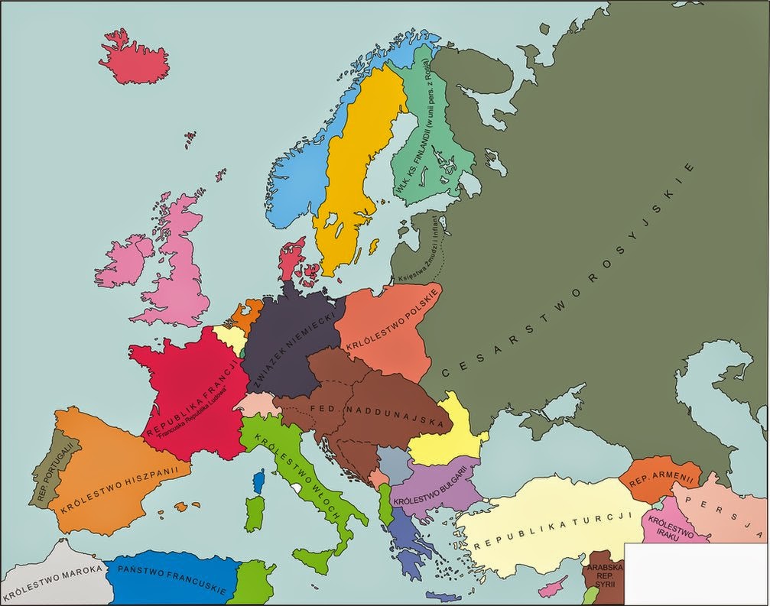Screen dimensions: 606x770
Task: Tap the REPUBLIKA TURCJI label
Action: pyautogui.click(x=550, y=530)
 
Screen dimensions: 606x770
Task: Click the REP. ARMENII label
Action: pyautogui.click(x=661, y=479)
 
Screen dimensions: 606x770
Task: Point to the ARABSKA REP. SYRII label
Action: pyautogui.click(x=604, y=575)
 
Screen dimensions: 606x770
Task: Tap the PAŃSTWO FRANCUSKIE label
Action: pyautogui.click(x=171, y=580)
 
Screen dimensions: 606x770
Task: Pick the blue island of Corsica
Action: pyautogui.click(x=258, y=481)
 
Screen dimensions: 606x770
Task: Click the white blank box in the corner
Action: pyautogui.click(x=696, y=573)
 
